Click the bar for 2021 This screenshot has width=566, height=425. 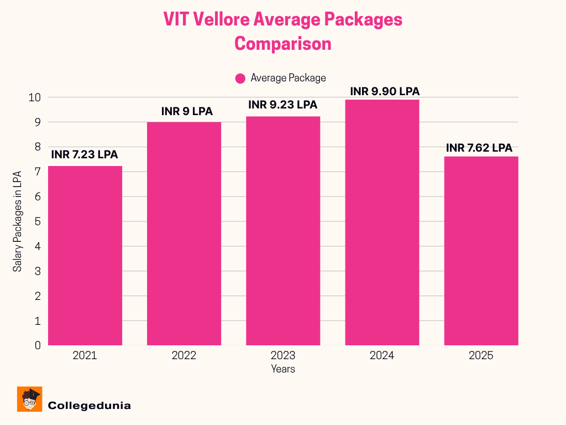pyautogui.click(x=85, y=256)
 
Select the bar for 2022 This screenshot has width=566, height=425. pyautogui.click(x=184, y=234)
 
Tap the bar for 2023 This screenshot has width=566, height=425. pyautogui.click(x=283, y=231)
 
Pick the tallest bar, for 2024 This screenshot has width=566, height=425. pyautogui.click(x=382, y=222)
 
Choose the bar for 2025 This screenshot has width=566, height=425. pyautogui.click(x=481, y=251)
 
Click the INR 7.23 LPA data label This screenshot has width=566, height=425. pyautogui.click(x=85, y=155)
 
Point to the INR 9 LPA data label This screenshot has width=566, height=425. pyautogui.click(x=187, y=111)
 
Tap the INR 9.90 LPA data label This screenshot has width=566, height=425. pyautogui.click(x=381, y=91)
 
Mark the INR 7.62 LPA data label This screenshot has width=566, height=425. pyautogui.click(x=479, y=148)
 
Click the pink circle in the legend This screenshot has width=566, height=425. pyautogui.click(x=240, y=79)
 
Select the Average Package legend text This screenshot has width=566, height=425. pyautogui.click(x=288, y=78)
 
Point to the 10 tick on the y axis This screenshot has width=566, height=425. pyautogui.click(x=35, y=97)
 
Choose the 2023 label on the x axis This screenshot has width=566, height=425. pyautogui.click(x=283, y=356)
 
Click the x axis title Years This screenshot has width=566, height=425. pyautogui.click(x=283, y=369)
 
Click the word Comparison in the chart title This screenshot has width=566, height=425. pyautogui.click(x=283, y=43)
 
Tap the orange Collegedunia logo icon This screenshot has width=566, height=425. pyautogui.click(x=29, y=399)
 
